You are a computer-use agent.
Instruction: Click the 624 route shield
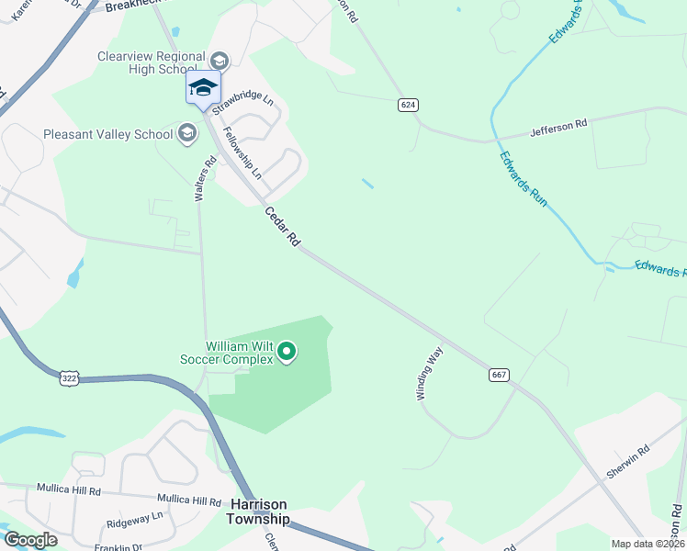point(409,105)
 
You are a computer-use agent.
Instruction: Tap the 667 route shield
point(500,375)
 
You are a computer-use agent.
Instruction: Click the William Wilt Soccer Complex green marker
point(287,352)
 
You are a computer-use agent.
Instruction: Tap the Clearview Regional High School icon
point(219,61)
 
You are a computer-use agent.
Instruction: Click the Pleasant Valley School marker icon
point(187,134)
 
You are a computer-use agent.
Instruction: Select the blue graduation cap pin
point(203,89)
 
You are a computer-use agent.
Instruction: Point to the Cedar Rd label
point(283,226)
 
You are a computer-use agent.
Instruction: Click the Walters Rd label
point(205,177)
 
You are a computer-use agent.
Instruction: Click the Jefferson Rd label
point(558,129)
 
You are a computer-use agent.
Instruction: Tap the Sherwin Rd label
point(628,463)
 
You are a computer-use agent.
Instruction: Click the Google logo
point(30,540)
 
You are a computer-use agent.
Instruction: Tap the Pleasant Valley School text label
point(108,134)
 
